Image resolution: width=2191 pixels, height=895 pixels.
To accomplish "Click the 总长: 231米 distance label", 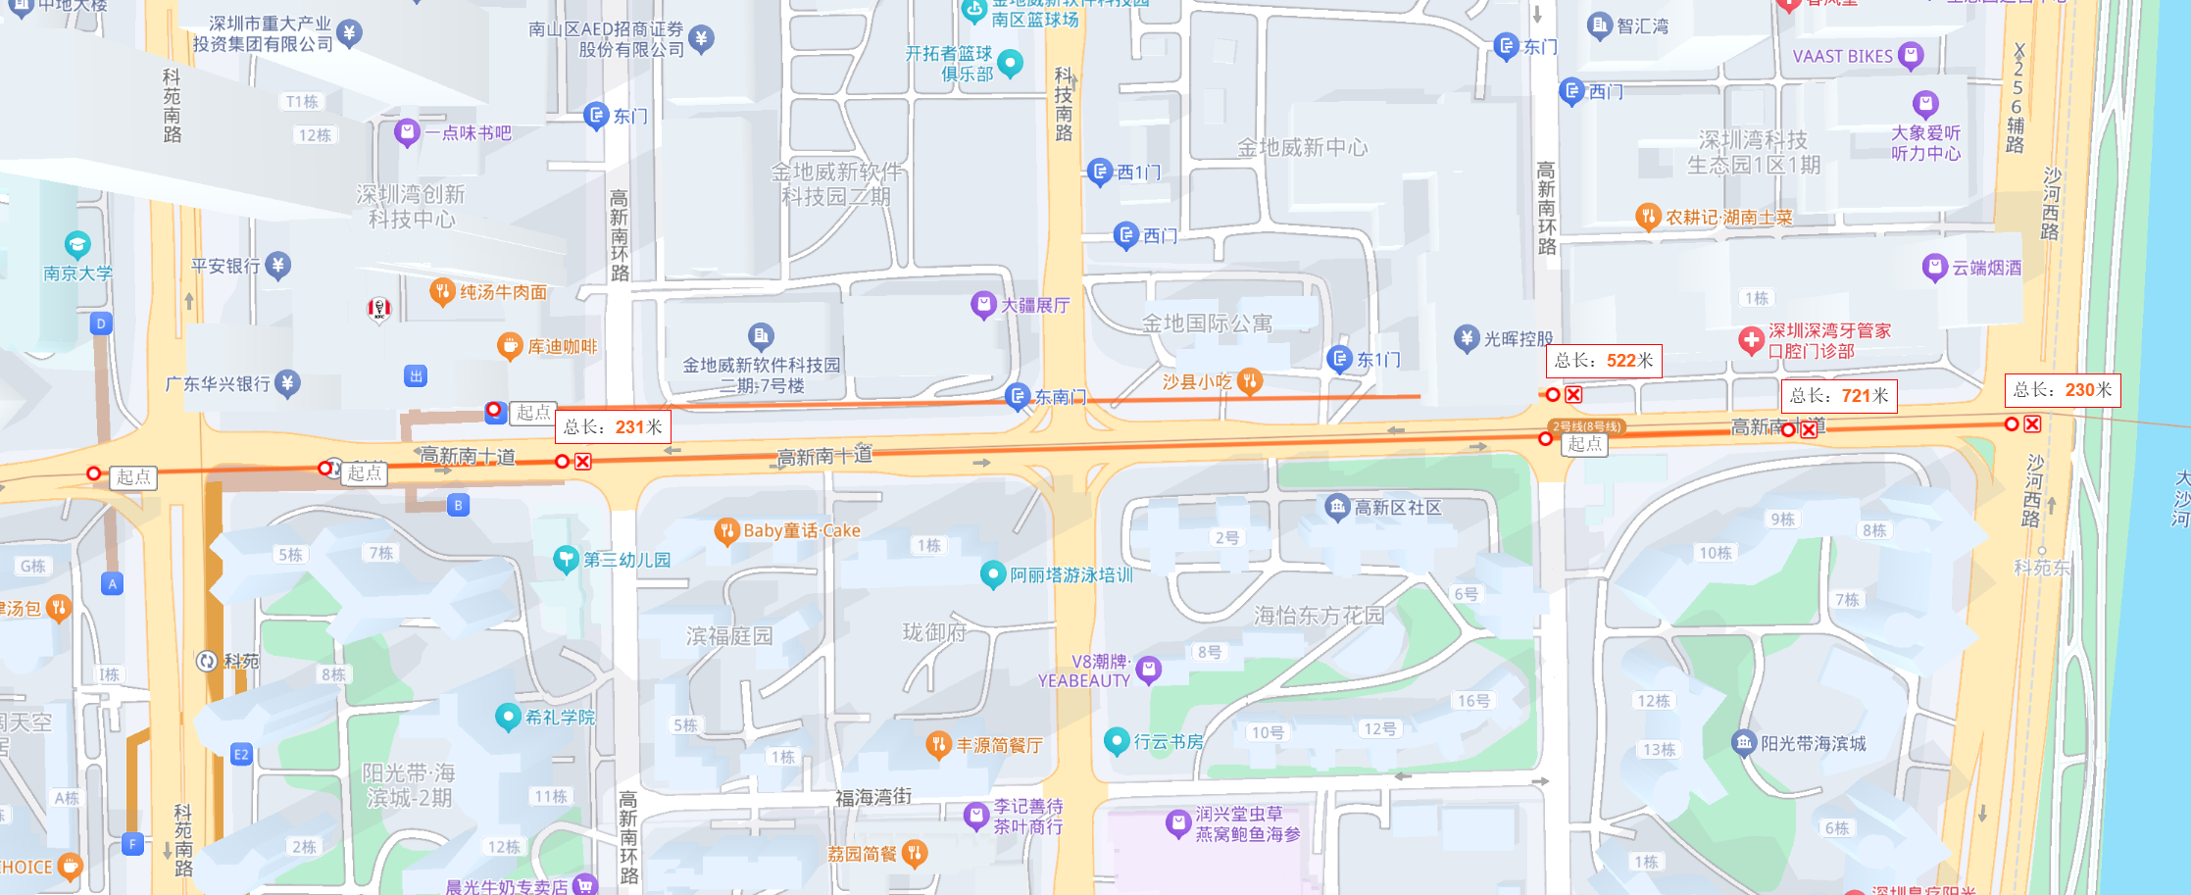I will (x=613, y=426).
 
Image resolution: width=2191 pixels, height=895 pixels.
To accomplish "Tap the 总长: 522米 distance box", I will (x=1604, y=360).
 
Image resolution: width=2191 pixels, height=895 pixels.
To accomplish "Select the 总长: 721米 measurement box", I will (x=1838, y=395).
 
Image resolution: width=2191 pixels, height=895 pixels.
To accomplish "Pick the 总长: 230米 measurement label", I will (x=2062, y=389).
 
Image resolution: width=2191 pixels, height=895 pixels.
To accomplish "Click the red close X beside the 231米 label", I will (x=583, y=461).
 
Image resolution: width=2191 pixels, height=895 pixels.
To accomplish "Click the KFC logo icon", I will (x=379, y=309).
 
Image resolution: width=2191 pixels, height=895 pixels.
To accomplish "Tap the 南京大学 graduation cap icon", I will (x=77, y=244).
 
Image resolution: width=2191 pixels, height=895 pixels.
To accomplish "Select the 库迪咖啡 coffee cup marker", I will (x=509, y=346).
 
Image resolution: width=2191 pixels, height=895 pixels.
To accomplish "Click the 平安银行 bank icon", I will (x=278, y=265).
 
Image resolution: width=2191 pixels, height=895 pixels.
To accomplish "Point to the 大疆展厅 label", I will (x=1034, y=305).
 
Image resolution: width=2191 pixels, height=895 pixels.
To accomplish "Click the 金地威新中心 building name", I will (x=1302, y=148).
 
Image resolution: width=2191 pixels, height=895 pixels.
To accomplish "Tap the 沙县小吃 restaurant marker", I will (x=1249, y=380).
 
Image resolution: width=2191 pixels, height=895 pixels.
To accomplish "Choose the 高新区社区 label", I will (x=1397, y=507).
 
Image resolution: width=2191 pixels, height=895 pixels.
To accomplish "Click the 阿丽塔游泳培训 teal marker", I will (x=992, y=573).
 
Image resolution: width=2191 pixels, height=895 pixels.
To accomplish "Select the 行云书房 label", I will (x=1168, y=741).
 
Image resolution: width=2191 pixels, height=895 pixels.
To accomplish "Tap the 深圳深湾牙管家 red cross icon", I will (x=1751, y=340).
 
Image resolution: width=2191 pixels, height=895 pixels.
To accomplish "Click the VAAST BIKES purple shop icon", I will (x=1910, y=55).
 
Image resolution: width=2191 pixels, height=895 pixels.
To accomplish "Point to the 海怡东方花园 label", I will (x=1319, y=615).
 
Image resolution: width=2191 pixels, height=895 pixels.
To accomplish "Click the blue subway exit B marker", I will (x=458, y=505).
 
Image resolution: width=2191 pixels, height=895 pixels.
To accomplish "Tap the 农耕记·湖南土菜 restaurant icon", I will (x=1648, y=217).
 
